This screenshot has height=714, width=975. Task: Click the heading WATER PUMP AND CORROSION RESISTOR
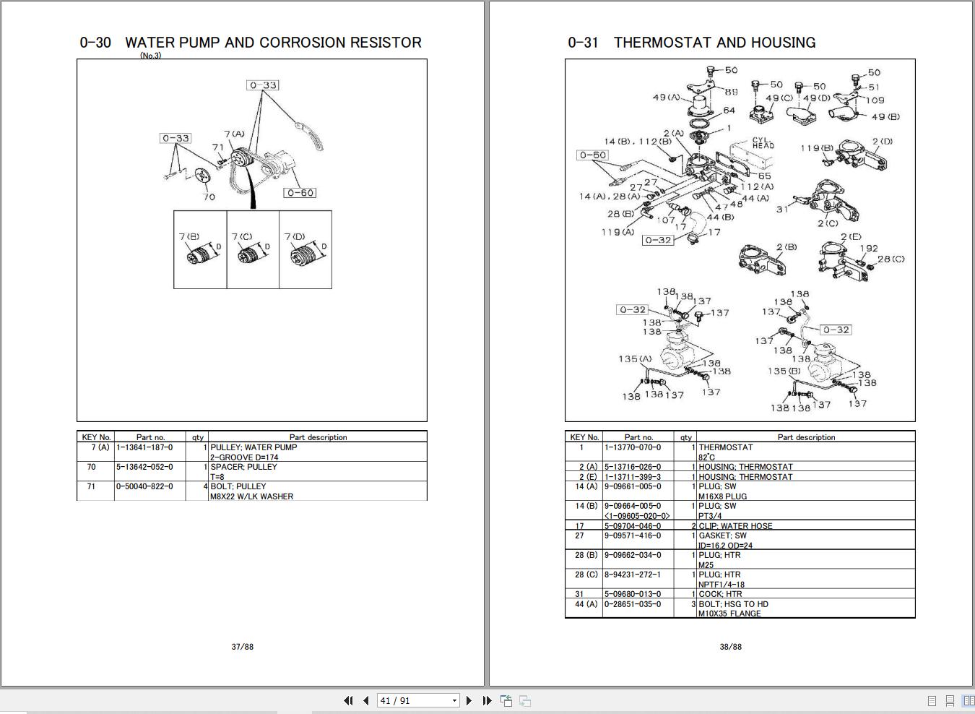273,43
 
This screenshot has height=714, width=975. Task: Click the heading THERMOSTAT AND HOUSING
714,43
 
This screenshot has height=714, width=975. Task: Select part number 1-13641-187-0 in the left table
145,447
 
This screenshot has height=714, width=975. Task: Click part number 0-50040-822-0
145,486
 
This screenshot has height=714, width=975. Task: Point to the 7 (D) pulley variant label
295,236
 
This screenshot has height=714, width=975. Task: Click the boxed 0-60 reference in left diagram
300,193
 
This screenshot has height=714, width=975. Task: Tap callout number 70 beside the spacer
209,197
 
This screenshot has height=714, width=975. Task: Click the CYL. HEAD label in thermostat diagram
763,143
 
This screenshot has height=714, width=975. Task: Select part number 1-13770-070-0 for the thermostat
633,447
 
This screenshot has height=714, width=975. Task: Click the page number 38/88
730,647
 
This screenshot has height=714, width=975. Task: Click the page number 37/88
243,647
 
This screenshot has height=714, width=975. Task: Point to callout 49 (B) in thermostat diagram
885,116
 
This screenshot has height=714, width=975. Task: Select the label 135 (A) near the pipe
634,358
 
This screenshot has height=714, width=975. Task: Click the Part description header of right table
806,437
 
